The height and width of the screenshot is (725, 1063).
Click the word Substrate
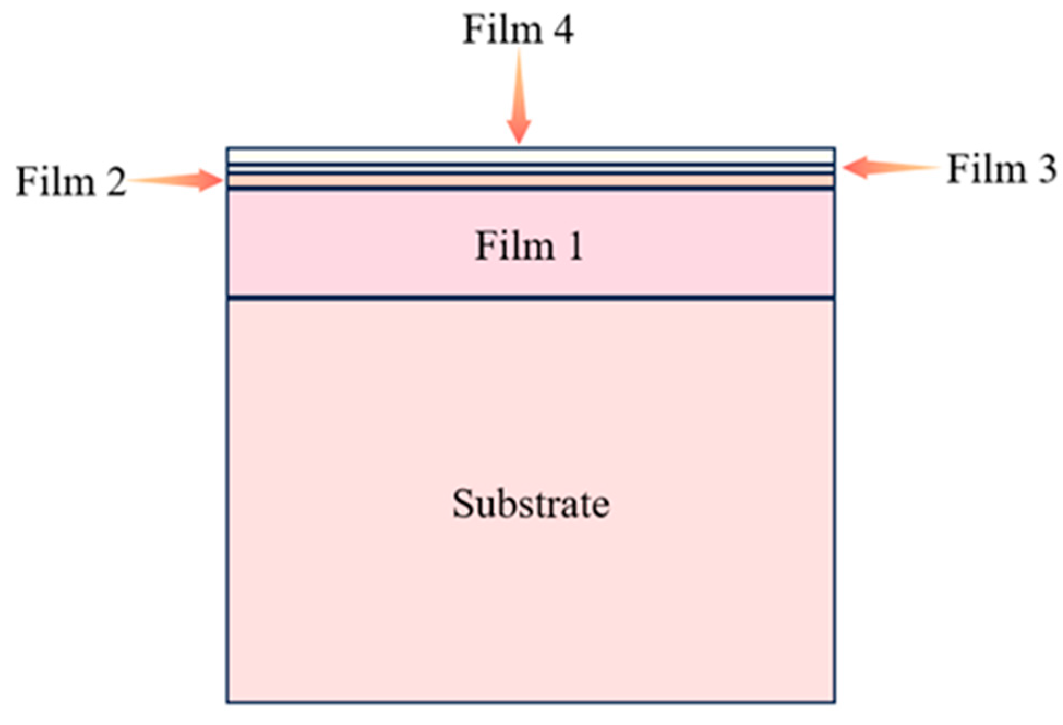point(530,504)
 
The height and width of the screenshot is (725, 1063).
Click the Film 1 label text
point(529,247)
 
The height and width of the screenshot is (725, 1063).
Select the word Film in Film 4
point(502,30)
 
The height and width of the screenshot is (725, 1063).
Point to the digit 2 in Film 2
point(116,182)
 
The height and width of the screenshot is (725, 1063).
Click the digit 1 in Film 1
point(575,247)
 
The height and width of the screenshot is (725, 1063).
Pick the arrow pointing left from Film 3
point(889,167)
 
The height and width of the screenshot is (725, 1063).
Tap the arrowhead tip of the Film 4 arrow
point(519,142)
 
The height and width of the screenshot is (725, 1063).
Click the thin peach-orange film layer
point(530,180)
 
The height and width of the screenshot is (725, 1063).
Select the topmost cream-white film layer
point(530,156)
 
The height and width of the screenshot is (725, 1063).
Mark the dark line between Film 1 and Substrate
point(530,298)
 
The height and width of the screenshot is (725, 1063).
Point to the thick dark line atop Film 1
point(530,188)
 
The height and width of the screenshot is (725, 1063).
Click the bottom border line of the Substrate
point(530,702)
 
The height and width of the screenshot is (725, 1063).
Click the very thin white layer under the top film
point(530,169)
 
